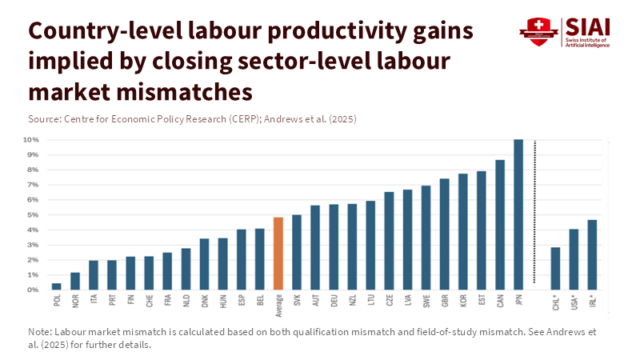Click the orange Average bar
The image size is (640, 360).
[x=278, y=253]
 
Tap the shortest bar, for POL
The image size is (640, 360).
[x=57, y=286]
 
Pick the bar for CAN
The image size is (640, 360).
[x=499, y=225]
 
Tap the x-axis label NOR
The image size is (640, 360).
[x=75, y=301]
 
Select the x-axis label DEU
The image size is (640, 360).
[x=334, y=301]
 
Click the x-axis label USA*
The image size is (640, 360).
[x=574, y=302]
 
